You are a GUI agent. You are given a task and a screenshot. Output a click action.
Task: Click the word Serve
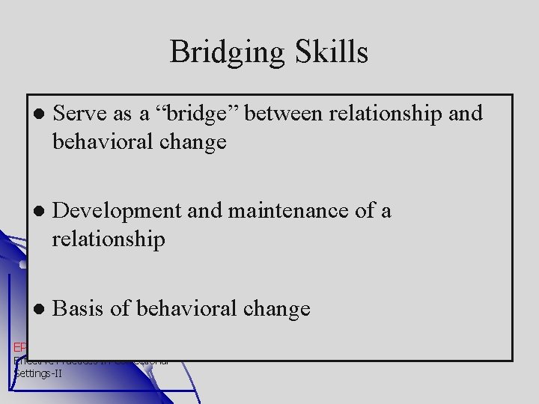click(79, 114)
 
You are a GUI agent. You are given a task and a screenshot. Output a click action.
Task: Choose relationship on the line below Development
click(109, 240)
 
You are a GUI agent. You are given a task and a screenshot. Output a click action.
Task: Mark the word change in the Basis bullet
click(272, 309)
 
